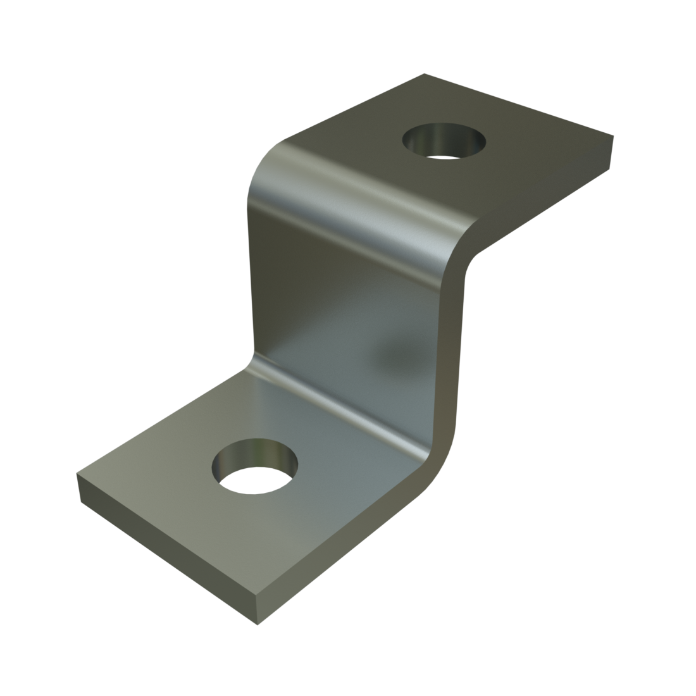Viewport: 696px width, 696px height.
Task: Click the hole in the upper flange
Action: (445, 140)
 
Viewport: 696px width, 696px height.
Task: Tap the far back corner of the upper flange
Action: (423, 75)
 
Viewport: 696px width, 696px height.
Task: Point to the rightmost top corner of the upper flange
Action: (612, 134)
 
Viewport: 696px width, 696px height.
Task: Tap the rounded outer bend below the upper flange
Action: (354, 196)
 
